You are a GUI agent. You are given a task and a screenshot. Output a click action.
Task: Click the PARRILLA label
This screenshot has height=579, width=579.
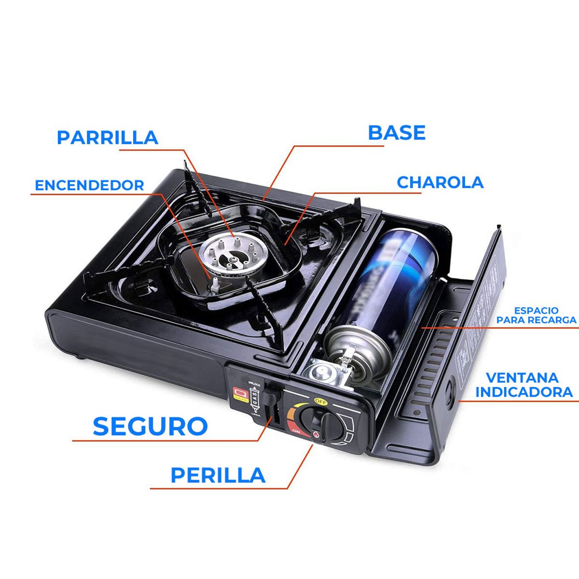pyautogui.click(x=107, y=137)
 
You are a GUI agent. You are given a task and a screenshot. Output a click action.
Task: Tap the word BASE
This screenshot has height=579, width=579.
pyautogui.click(x=397, y=133)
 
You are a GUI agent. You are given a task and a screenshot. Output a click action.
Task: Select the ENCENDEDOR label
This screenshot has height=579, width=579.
pyautogui.click(x=89, y=185)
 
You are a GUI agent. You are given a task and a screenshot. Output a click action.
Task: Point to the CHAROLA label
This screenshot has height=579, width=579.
pyautogui.click(x=440, y=182)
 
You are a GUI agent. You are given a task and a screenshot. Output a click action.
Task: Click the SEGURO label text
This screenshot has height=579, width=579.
pyautogui.click(x=150, y=426)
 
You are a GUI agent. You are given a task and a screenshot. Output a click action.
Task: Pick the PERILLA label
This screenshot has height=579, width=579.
pyautogui.click(x=218, y=475)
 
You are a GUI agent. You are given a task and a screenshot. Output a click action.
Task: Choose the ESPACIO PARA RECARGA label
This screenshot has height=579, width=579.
pyautogui.click(x=536, y=315)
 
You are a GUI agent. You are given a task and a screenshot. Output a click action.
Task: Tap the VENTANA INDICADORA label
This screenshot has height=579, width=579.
pyautogui.click(x=524, y=385)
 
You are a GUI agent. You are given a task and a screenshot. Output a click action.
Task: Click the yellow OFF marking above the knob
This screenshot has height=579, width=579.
pyautogui.click(x=320, y=400)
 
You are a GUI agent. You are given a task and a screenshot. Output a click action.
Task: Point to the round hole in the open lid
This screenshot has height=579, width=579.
pyautogui.click(x=452, y=388)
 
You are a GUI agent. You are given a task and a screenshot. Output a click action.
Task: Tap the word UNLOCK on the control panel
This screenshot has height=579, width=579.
pyautogui.click(x=254, y=384)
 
